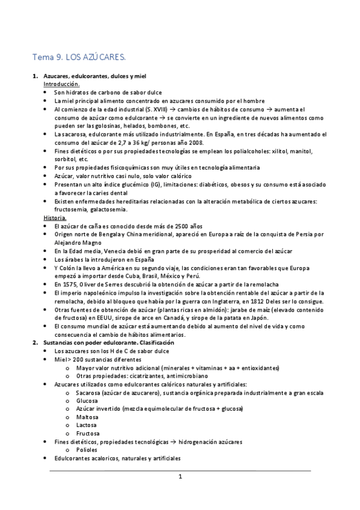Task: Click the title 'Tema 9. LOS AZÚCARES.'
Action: (79, 58)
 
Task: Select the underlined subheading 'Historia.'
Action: (55, 217)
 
